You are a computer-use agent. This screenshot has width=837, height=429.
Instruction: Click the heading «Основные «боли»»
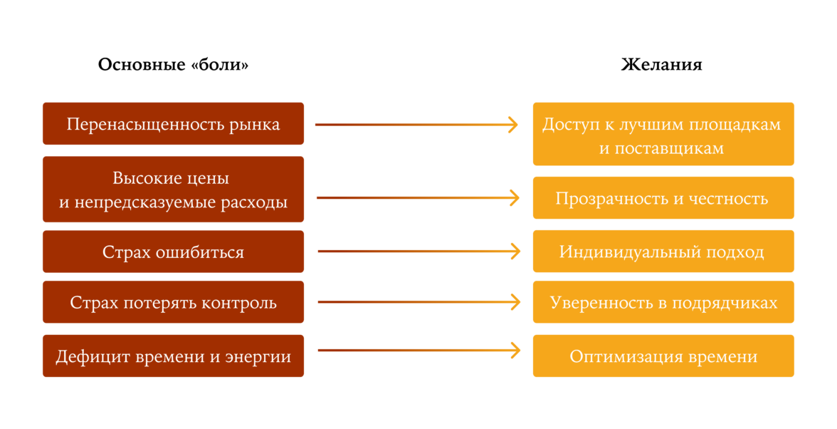click(173, 65)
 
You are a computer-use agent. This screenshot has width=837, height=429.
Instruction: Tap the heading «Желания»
click(661, 65)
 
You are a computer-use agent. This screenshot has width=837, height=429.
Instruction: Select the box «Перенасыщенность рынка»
click(173, 124)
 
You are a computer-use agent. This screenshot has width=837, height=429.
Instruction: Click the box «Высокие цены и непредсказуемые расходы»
click(173, 190)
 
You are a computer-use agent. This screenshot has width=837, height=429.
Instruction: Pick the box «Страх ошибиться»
click(173, 252)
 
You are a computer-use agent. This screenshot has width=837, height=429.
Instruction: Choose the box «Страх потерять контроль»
click(173, 302)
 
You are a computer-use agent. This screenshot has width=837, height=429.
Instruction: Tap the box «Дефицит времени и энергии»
click(173, 356)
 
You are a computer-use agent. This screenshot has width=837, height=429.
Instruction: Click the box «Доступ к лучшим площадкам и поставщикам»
click(663, 135)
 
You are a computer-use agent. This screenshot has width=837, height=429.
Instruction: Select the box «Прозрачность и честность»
click(663, 198)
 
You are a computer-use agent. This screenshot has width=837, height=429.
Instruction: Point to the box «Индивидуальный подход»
click(663, 252)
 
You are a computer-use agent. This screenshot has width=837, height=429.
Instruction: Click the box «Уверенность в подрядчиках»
click(663, 302)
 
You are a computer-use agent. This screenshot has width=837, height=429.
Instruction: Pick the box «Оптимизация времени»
click(663, 356)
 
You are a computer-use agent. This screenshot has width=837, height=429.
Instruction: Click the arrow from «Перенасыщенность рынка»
click(416, 125)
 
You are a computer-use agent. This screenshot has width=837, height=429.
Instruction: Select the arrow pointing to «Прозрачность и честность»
click(417, 198)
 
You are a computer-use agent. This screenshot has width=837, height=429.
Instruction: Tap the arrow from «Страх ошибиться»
click(418, 252)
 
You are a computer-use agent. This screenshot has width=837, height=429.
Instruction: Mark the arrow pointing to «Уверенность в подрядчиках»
click(418, 302)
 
